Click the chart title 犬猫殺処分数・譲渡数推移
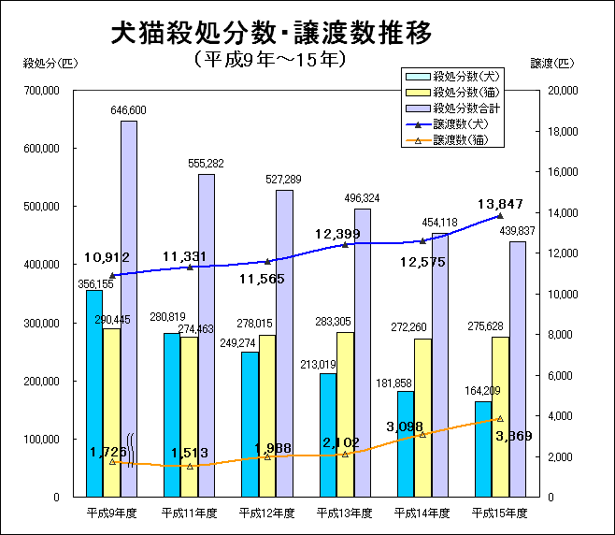click(271, 35)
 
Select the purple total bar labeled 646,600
click(129, 309)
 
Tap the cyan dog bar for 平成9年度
click(94, 393)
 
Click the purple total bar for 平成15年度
click(517, 369)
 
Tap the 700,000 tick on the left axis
click(40, 91)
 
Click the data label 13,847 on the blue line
click(506, 204)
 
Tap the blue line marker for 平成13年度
click(346, 244)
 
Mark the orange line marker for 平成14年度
click(422, 435)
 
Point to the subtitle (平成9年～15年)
click(272, 59)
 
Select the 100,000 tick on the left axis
click(40, 439)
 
